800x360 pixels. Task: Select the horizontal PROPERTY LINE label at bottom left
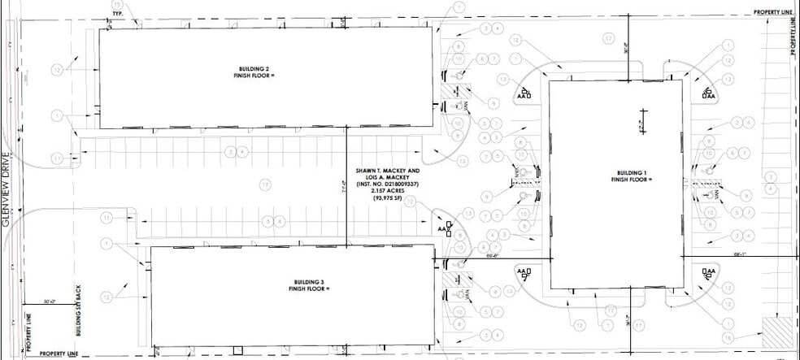click(60, 354)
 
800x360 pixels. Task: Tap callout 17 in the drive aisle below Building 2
click(265, 184)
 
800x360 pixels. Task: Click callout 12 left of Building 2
click(56, 70)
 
